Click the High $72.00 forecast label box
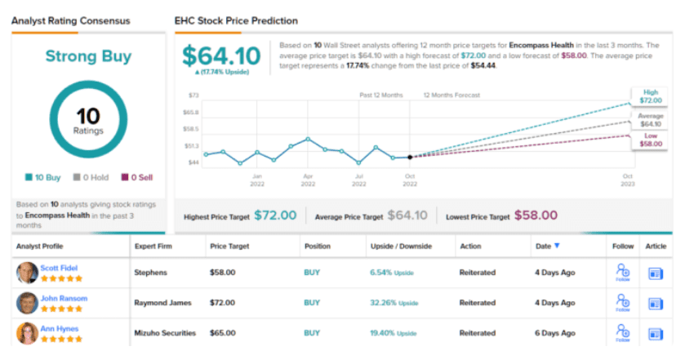tap(650, 95)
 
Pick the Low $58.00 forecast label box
tap(650, 139)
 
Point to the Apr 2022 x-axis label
tap(308, 180)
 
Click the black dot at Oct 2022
tap(410, 157)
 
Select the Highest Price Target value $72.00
tap(275, 216)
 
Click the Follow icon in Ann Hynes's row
tap(622, 332)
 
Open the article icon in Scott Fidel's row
tap(656, 273)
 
